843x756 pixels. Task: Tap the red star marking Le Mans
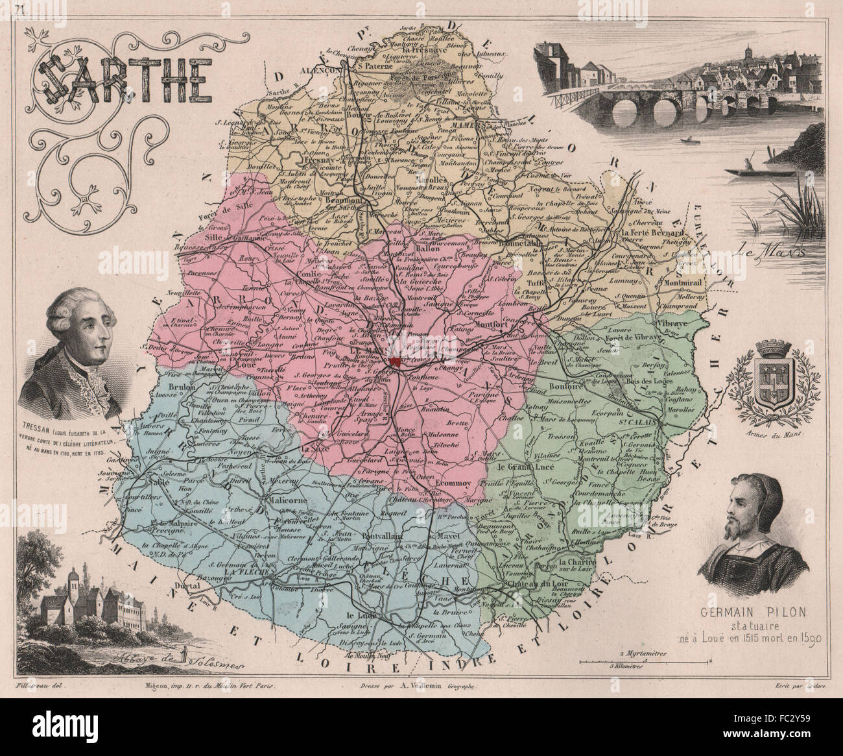(394, 361)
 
